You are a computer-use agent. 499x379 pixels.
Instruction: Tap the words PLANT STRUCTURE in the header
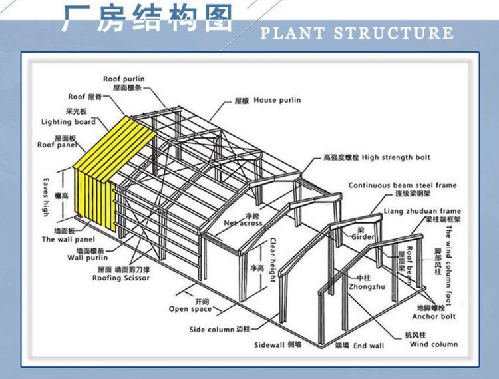point(357,33)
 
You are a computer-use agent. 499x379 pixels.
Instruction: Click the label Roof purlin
point(124,79)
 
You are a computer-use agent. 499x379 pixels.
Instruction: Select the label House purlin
point(277,101)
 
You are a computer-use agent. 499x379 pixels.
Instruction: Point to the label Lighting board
point(69,122)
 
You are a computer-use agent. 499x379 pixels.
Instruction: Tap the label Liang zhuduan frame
point(422,211)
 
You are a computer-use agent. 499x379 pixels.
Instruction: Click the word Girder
point(362,237)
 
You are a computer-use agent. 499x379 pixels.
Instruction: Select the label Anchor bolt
point(436,316)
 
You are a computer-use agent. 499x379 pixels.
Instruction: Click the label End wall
point(368,346)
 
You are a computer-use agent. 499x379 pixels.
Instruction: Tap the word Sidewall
point(269,345)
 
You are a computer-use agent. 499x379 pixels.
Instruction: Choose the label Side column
point(212,329)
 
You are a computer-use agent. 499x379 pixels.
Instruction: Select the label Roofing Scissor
point(121,278)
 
